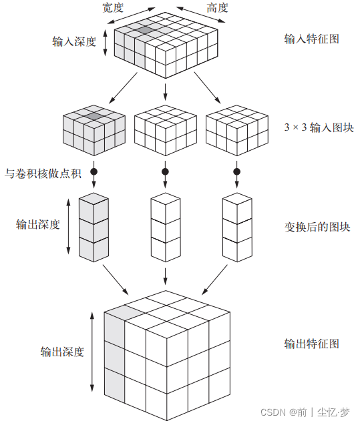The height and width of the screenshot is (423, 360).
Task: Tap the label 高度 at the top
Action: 218,7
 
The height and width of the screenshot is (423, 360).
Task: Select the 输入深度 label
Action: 74,41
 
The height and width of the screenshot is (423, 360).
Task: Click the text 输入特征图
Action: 311,39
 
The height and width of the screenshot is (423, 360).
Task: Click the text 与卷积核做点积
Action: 43,174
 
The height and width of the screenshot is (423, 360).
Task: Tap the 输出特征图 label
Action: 312,344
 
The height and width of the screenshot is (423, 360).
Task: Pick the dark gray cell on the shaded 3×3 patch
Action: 94,116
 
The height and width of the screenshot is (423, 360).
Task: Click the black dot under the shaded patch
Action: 94,172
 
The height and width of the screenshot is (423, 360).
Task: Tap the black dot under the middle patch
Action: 165,172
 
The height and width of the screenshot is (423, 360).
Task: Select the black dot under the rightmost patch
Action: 236,172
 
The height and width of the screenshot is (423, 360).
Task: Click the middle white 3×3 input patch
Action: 165,129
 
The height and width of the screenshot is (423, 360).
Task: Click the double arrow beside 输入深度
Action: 106,41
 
